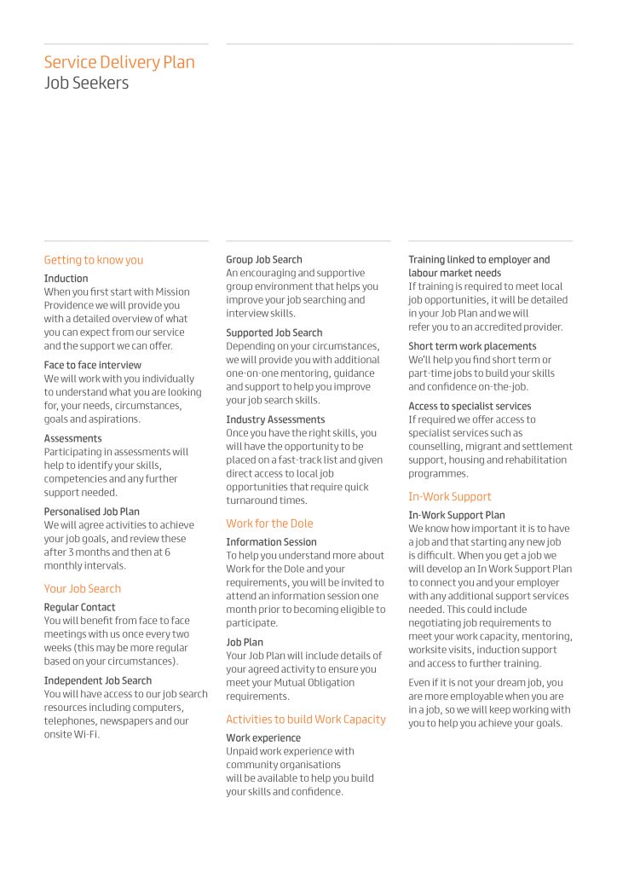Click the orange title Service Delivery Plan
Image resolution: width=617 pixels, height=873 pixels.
coord(119,62)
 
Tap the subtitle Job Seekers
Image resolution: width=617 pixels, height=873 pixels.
coord(87,84)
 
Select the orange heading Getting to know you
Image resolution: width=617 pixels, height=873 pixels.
coord(94,260)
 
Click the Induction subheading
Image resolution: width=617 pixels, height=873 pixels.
coord(66,279)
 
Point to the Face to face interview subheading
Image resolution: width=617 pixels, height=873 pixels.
coord(93,365)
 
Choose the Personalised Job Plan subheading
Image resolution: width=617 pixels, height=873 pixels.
coord(92,512)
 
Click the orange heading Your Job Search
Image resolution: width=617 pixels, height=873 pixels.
coord(83,588)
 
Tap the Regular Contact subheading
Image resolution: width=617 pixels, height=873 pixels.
coord(79,607)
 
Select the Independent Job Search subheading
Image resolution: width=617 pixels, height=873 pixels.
coord(98,680)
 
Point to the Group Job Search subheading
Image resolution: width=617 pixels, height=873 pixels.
coord(264,259)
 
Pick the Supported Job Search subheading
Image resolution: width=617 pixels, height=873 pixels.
coord(274,332)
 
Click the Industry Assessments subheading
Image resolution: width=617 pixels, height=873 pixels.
coord(275,419)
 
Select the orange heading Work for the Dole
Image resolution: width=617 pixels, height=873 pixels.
coord(269,523)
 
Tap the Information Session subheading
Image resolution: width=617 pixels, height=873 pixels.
coord(271,542)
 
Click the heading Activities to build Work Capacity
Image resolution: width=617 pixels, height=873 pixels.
coord(306,720)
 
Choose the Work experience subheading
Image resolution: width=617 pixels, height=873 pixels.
coord(263,738)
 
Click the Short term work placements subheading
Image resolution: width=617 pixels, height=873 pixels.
coord(472,346)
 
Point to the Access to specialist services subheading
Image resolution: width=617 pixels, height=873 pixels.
coord(470,406)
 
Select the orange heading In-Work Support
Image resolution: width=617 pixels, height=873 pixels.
coord(450,496)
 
